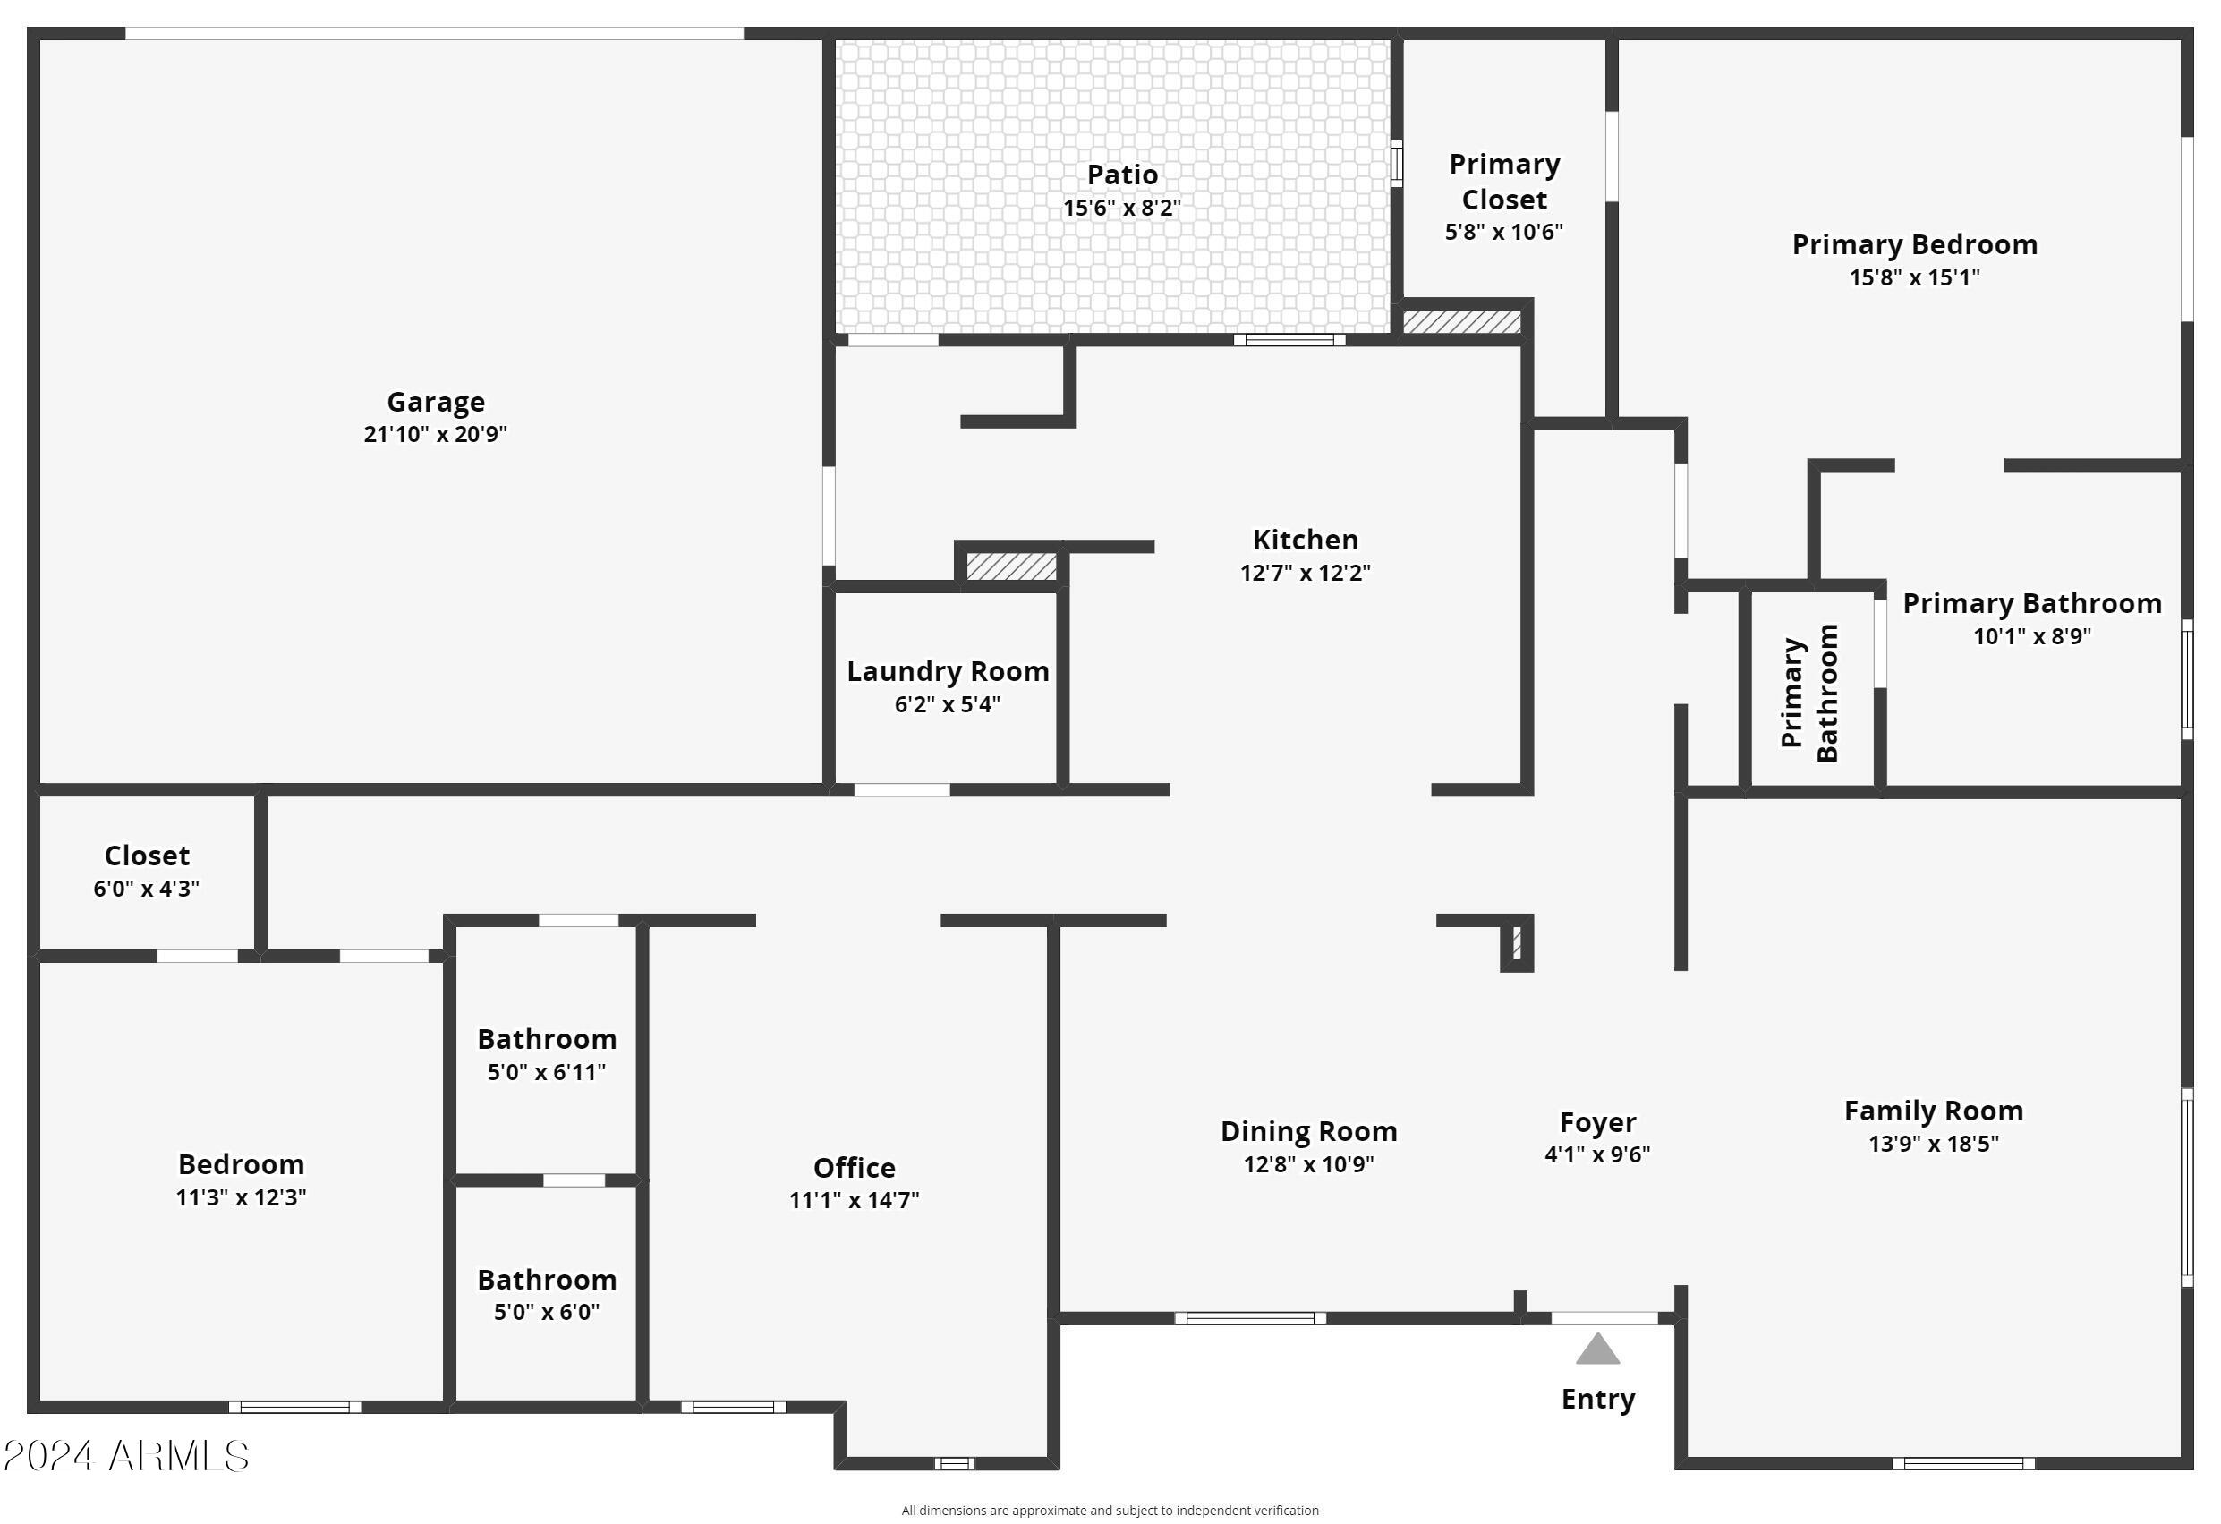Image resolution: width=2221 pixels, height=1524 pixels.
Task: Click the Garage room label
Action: click(435, 403)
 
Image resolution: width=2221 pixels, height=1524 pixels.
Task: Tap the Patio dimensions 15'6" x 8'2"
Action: click(1122, 209)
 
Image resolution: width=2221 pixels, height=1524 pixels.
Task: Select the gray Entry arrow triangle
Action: click(1597, 1349)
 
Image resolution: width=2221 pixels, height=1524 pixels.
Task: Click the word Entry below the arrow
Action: click(1598, 1399)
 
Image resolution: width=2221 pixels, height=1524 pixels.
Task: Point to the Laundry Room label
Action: click(947, 672)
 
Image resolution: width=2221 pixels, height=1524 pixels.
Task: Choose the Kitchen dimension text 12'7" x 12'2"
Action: click(1305, 574)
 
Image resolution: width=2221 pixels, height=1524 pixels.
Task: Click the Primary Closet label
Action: click(1504, 182)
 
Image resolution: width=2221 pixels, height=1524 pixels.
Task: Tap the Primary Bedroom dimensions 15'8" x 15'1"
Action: click(1914, 278)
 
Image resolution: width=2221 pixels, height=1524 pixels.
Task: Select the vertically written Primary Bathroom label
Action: click(1809, 693)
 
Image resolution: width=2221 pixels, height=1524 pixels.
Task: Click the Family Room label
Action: click(1934, 1111)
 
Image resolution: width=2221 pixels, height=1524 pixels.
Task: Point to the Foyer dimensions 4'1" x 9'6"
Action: click(1597, 1154)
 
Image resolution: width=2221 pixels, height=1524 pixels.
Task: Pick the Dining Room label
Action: click(1308, 1131)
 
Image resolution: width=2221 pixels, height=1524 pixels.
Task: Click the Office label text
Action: click(854, 1168)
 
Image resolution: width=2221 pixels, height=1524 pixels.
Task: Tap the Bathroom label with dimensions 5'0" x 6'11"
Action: click(547, 1040)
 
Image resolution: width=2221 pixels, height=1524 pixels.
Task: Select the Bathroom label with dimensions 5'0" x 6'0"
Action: click(547, 1281)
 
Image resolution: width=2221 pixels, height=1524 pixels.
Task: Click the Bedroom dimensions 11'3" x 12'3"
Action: click(241, 1198)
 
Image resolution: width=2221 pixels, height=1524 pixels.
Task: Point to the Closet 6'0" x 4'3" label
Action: click(146, 856)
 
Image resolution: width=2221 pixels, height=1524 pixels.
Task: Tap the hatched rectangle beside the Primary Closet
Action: click(1461, 321)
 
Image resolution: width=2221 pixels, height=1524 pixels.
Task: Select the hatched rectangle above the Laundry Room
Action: click(1011, 566)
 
